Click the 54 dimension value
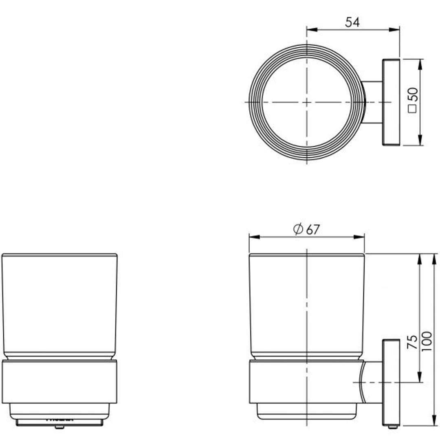pyautogui.click(x=352, y=22)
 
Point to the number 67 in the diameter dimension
pyautogui.click(x=312, y=230)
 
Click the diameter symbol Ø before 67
pyautogui.click(x=298, y=229)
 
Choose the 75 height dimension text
pyautogui.click(x=412, y=341)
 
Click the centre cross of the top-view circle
pyautogui.click(x=307, y=102)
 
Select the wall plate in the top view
pyautogui.click(x=391, y=102)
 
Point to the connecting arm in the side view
pyautogui.click(x=372, y=382)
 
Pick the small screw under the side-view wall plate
pyautogui.click(x=392, y=427)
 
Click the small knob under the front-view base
pyautogui.click(x=59, y=427)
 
